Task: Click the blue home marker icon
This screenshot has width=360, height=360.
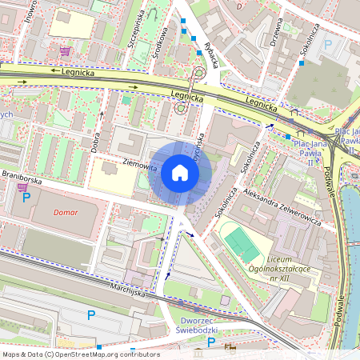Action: pyautogui.click(x=180, y=173)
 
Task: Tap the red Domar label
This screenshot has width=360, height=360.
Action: pyautogui.click(x=66, y=213)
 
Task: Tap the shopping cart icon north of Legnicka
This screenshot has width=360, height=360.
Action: pyautogui.click(x=64, y=51)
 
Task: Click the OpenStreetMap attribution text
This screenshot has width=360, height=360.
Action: pyautogui.click(x=81, y=354)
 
